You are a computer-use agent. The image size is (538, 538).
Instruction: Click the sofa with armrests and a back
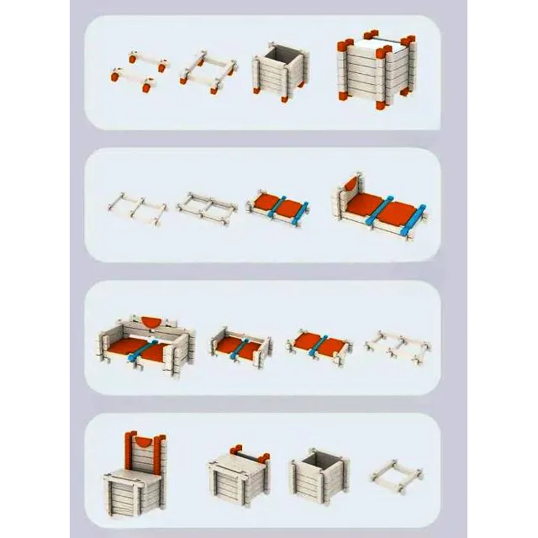[x=146, y=345]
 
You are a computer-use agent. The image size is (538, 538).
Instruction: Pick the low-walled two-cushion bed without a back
[x=240, y=345]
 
